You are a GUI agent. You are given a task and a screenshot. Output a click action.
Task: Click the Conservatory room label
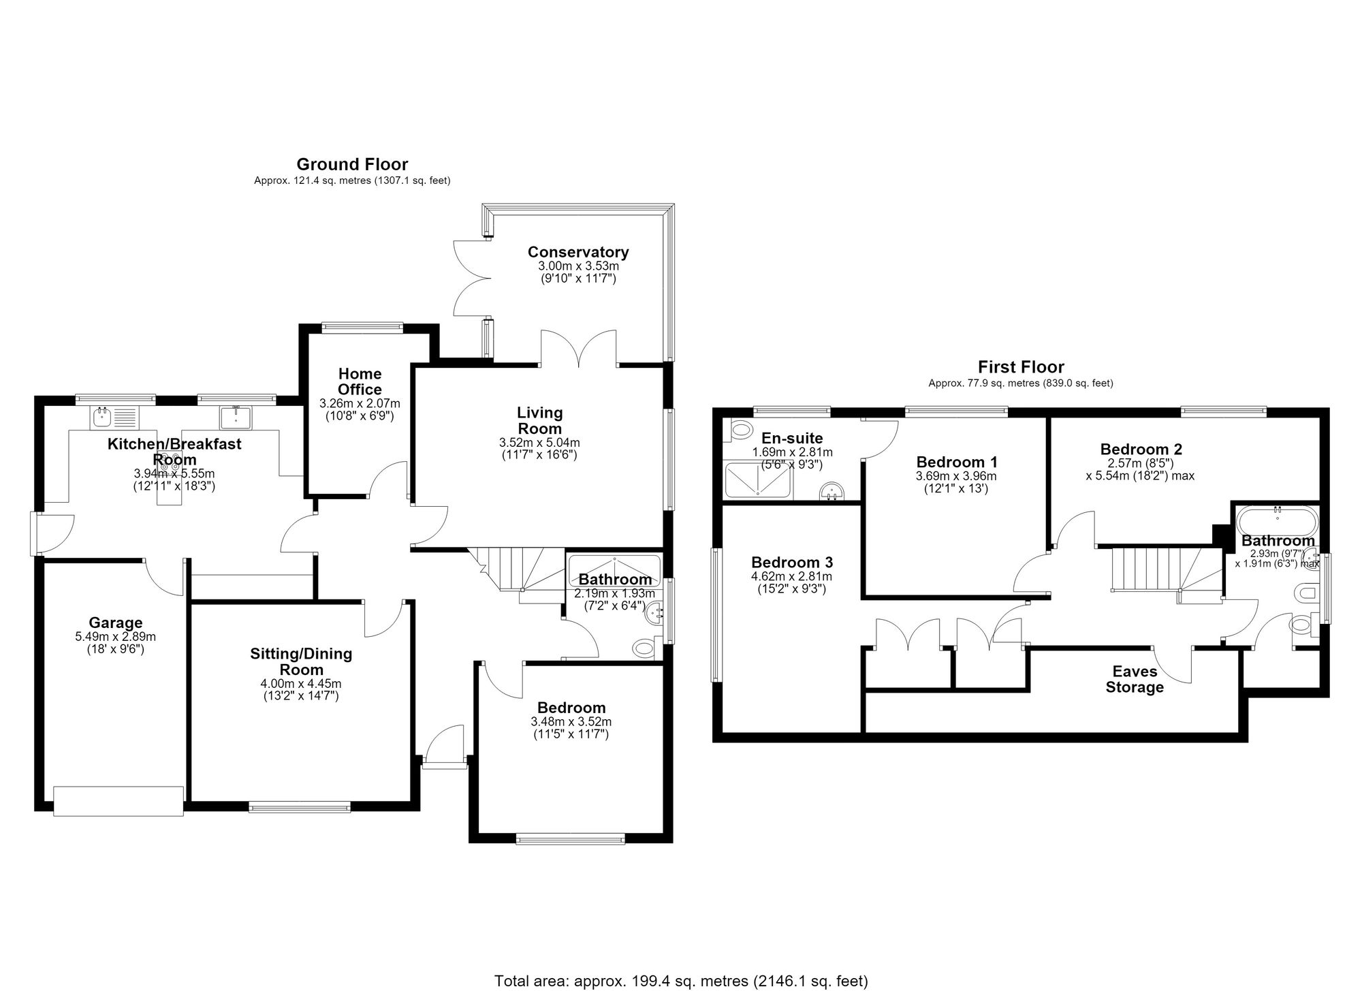click(x=578, y=252)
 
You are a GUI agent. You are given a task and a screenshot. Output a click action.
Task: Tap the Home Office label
click(x=360, y=381)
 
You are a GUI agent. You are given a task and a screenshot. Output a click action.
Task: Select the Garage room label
click(x=116, y=623)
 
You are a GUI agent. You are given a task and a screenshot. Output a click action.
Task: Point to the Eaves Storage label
click(x=1135, y=679)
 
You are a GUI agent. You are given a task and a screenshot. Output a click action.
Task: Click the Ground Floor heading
click(x=352, y=164)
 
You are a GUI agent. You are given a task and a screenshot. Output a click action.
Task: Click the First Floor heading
click(x=1021, y=367)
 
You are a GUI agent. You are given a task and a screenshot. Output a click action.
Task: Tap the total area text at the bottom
click(x=681, y=981)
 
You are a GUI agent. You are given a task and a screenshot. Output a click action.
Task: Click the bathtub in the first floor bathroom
click(x=1278, y=522)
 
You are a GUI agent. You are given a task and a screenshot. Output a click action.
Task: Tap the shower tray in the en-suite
click(x=758, y=479)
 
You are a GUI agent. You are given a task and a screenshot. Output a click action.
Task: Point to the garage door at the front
click(x=118, y=800)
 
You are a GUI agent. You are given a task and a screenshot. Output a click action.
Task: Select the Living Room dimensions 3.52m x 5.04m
click(x=539, y=443)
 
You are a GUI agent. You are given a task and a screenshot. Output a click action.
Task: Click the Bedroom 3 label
click(x=792, y=563)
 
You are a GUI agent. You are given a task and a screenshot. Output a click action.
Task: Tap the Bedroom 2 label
click(x=1141, y=450)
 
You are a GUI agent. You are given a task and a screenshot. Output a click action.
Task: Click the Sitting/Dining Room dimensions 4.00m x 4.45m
click(x=301, y=684)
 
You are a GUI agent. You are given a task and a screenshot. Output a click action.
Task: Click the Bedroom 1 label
click(x=957, y=461)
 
